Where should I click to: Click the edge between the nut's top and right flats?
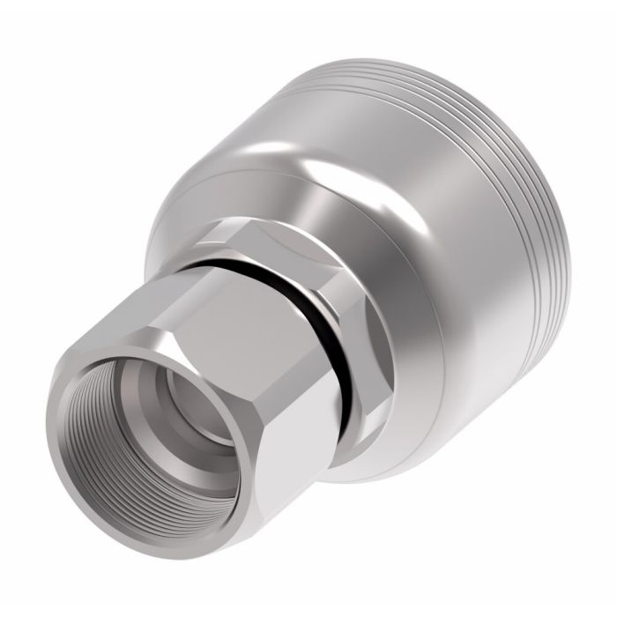point(291,353)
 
